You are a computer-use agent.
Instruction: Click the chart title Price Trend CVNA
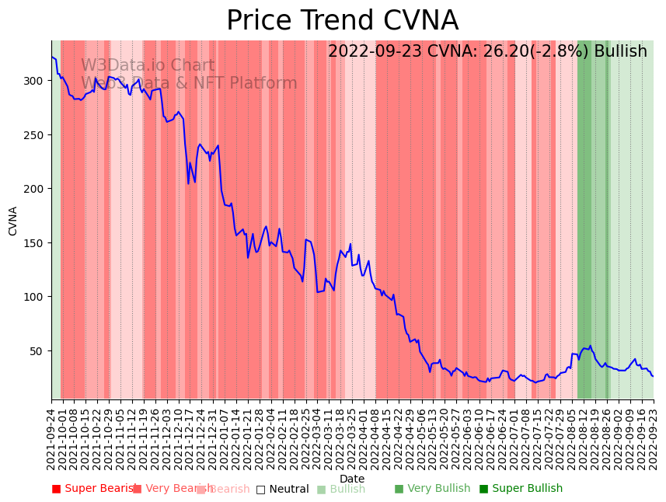(x=342, y=21)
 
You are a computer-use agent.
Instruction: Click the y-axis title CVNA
(x=13, y=221)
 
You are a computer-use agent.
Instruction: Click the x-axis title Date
(x=351, y=479)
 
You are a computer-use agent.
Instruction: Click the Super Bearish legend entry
(x=93, y=489)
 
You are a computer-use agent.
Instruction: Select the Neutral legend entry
(x=282, y=489)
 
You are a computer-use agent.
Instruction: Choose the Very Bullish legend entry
(x=432, y=489)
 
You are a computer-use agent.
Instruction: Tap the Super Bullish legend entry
(x=521, y=489)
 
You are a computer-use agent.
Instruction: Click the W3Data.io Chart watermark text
(x=148, y=65)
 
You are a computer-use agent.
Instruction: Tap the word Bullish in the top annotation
(x=620, y=52)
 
